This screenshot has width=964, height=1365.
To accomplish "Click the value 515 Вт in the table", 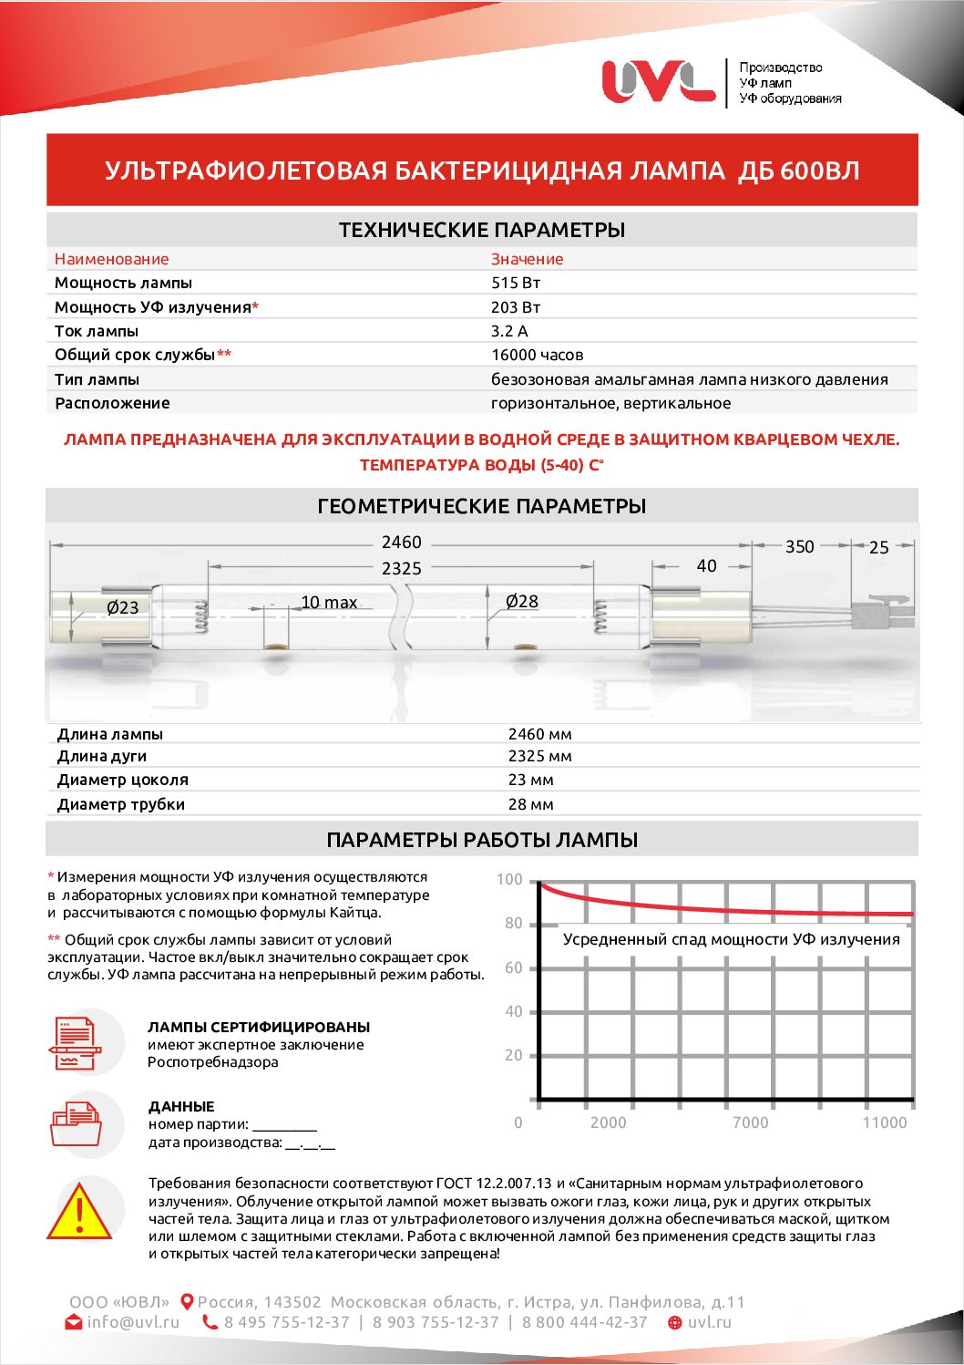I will coord(516,283).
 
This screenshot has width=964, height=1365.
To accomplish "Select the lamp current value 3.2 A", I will coord(509,331).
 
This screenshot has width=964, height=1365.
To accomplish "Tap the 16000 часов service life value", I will coord(537,355).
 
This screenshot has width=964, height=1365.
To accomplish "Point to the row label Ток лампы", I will coord(97,331).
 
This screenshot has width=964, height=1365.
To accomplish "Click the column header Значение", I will coord(527,259).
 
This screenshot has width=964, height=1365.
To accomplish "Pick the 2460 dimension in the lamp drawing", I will coord(401,543).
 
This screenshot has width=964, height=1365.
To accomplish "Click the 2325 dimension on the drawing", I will coord(401,568).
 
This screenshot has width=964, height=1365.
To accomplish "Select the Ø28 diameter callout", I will coord(522,602).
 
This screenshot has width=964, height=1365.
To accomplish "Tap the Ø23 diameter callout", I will coord(122,607).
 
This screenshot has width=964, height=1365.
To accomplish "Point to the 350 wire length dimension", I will coord(799,546).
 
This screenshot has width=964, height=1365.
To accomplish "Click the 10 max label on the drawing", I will coord(329,603).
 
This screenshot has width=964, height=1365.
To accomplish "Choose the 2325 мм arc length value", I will coord(539,756).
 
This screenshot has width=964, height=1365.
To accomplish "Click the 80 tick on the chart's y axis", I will coord(514,924).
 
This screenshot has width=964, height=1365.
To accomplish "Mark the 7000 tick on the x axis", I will coord(750,1122).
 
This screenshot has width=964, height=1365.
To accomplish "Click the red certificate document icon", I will coord(77,1043).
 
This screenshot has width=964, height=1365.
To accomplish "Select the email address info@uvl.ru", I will coord(133,1322).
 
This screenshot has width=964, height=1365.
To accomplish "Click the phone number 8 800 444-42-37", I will coord(584,1322).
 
